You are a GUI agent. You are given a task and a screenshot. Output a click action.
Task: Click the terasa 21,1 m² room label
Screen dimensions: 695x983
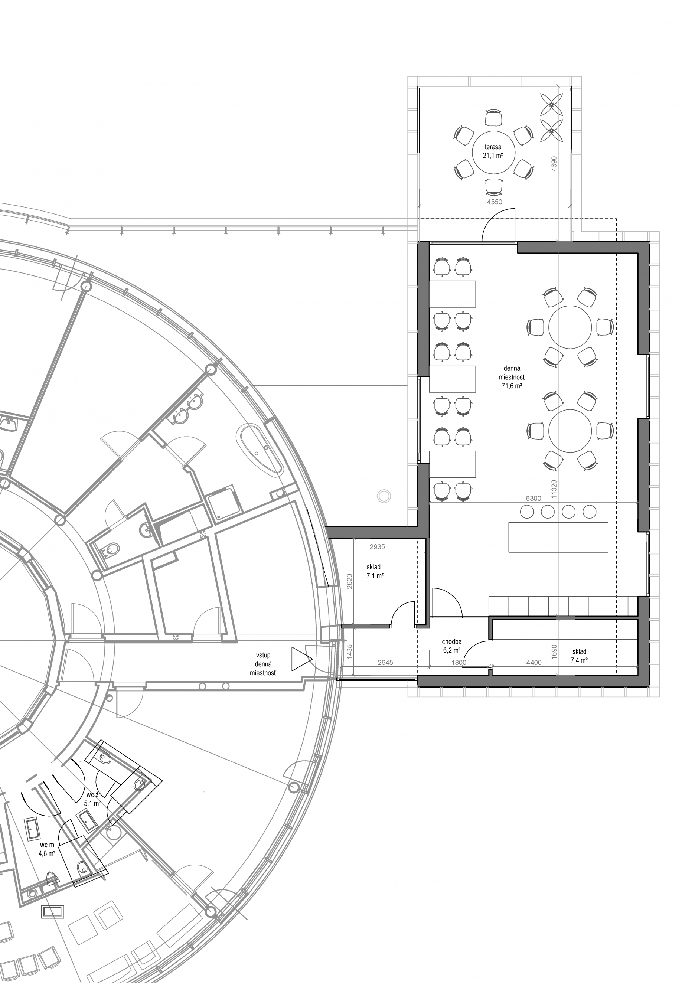(493, 151)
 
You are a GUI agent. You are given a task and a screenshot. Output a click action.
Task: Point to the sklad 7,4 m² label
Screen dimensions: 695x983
(579, 656)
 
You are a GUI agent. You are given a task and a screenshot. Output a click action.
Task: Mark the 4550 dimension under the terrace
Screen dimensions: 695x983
(495, 202)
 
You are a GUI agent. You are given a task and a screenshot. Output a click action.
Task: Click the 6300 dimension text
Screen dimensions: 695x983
(533, 498)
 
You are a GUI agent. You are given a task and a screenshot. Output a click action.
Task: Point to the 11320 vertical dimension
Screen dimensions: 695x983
(554, 489)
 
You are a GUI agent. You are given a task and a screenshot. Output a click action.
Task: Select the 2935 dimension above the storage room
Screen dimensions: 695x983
(377, 546)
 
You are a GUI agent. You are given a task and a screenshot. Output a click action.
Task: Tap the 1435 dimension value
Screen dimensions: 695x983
(349, 651)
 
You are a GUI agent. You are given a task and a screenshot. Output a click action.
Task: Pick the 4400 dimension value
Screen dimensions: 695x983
(534, 662)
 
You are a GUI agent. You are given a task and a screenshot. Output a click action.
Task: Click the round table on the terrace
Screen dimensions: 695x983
(493, 151)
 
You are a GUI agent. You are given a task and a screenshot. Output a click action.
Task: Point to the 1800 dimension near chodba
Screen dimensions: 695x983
(459, 662)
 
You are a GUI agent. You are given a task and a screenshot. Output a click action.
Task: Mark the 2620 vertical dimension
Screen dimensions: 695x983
(349, 581)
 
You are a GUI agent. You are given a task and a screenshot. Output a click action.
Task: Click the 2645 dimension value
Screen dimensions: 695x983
(385, 662)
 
